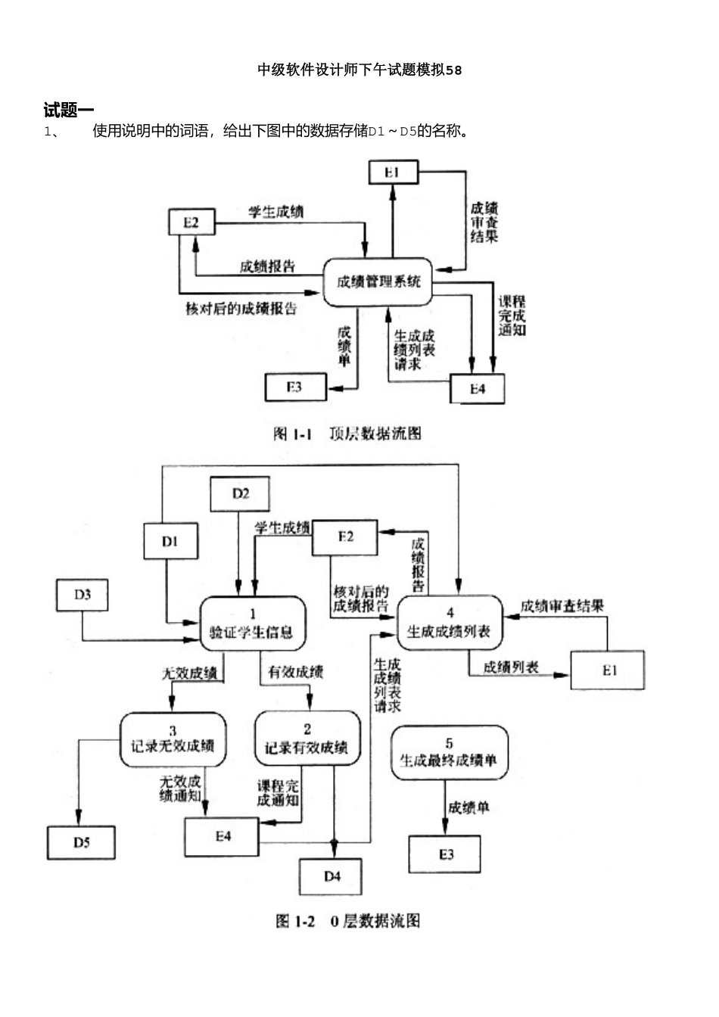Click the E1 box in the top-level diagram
(x=392, y=173)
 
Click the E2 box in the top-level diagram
(x=191, y=222)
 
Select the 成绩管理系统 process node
(x=378, y=282)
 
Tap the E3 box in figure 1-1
(x=295, y=387)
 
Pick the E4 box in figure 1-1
(x=477, y=389)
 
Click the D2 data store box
(x=240, y=494)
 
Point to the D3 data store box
(x=82, y=595)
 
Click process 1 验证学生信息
(x=253, y=624)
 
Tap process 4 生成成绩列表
(x=450, y=624)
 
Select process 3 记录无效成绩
(x=173, y=739)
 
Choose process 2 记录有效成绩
(x=307, y=739)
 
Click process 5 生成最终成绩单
(x=449, y=752)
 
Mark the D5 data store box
(x=81, y=842)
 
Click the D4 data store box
(x=331, y=876)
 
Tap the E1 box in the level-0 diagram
(x=609, y=670)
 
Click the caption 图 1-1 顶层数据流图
(x=347, y=434)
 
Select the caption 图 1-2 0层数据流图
(x=347, y=921)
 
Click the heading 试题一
(x=68, y=110)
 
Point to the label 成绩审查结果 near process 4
(x=562, y=606)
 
